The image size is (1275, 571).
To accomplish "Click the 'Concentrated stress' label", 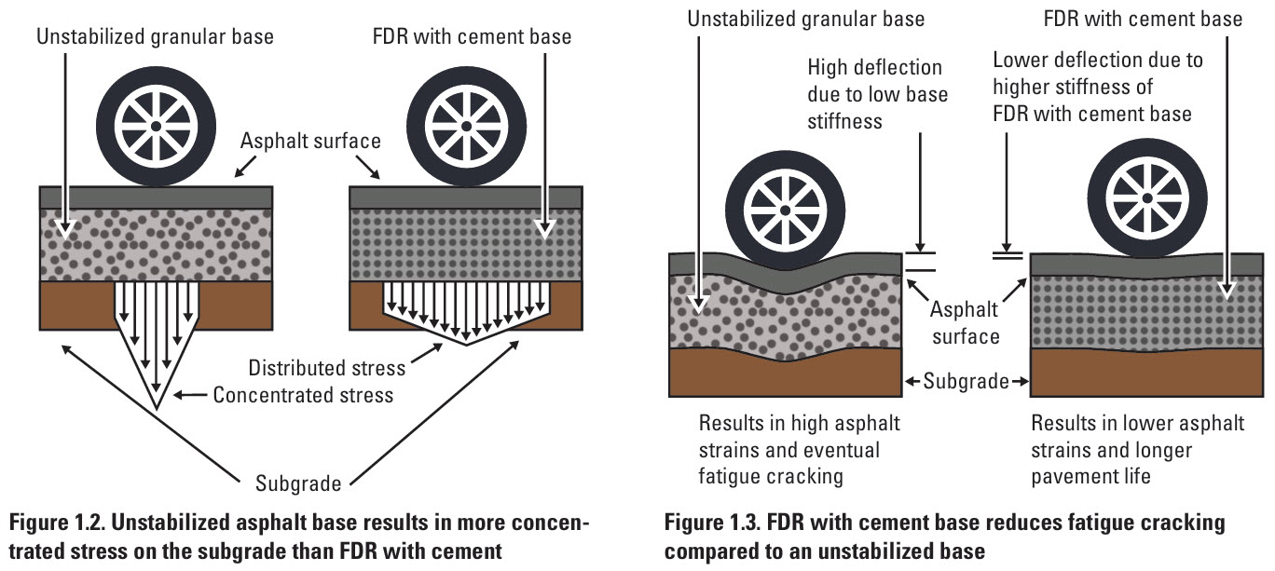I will [303, 395].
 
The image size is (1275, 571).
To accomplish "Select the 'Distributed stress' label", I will [326, 367].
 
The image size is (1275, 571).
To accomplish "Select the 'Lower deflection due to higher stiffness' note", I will [1097, 87].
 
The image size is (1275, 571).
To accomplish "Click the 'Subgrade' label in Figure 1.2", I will [298, 483].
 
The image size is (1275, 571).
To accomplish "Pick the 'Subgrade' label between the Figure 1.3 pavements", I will [966, 381].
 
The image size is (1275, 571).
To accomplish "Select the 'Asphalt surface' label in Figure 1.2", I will [310, 141].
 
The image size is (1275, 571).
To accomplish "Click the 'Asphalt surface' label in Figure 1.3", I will [966, 322].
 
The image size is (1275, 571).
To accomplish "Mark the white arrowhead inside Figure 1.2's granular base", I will [63, 227].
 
